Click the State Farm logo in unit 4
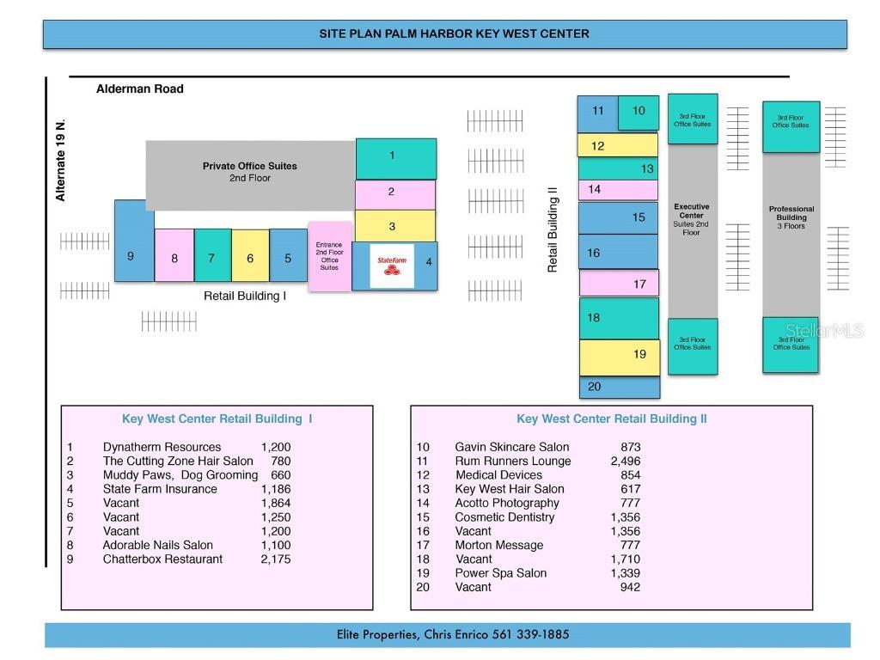tap(392, 266)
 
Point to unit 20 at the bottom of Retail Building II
tap(619, 387)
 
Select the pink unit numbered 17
tap(619, 283)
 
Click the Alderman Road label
tap(139, 89)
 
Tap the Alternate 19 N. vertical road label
tap(60, 161)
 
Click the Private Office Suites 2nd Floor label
tap(250, 172)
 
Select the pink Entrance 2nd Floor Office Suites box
tap(330, 256)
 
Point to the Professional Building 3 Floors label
tap(791, 217)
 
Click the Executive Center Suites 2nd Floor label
tap(692, 219)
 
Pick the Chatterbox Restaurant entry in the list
tap(162, 559)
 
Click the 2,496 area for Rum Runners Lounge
tap(625, 461)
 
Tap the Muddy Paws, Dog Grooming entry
tap(180, 474)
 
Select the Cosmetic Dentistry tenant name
tap(504, 516)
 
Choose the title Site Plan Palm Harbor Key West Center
tap(454, 34)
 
